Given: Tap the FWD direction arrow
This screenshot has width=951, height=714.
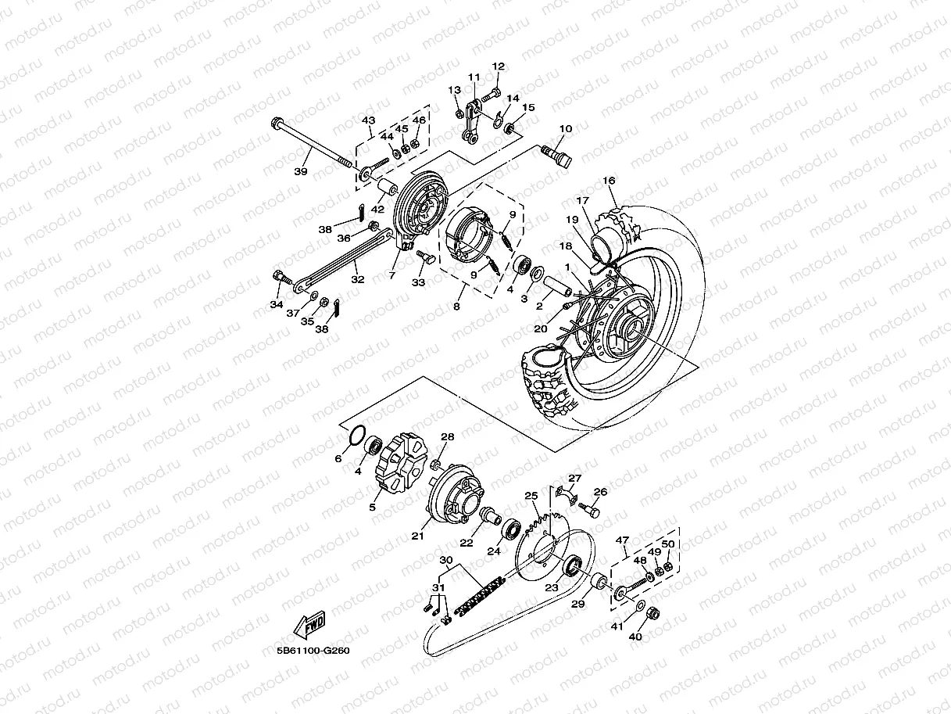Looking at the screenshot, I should (x=309, y=626).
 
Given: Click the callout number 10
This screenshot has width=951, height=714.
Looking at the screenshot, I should (x=566, y=128).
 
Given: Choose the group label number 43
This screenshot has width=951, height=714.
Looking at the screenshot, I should (x=368, y=120).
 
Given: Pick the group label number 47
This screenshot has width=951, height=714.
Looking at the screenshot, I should (x=622, y=540).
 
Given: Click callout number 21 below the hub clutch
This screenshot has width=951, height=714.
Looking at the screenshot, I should (x=417, y=536).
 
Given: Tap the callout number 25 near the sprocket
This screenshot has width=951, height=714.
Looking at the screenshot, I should (x=531, y=495).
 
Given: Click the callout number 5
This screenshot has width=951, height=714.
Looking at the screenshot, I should (x=372, y=507).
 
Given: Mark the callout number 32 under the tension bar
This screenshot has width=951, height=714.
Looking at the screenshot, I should (x=357, y=278).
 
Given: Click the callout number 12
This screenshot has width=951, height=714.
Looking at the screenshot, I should (x=499, y=66).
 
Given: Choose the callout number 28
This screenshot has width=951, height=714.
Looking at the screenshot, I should (x=447, y=436).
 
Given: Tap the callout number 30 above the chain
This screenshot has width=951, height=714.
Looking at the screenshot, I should (x=445, y=560).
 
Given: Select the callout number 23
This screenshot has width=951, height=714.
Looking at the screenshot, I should (x=552, y=587).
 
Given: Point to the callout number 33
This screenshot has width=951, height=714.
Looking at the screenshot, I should (x=419, y=282).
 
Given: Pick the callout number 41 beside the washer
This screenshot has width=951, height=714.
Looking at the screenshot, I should (x=617, y=626).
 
